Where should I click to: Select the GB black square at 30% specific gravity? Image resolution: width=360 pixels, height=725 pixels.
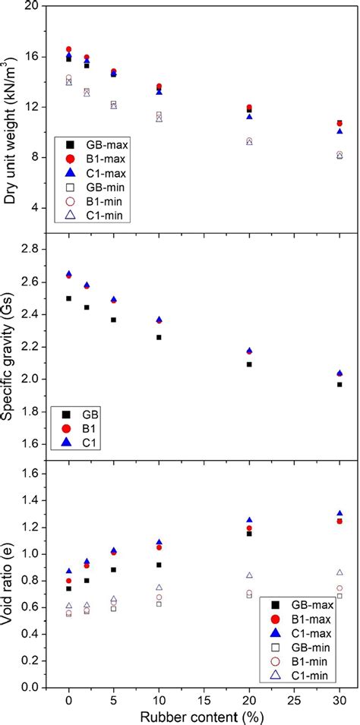click(x=339, y=384)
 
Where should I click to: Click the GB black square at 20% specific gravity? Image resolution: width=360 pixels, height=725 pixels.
click(x=249, y=364)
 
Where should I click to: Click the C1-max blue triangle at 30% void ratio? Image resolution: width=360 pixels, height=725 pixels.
click(x=339, y=513)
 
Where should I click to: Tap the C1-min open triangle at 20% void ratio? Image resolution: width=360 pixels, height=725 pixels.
click(x=249, y=575)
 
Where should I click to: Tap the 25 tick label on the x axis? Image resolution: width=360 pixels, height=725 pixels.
click(x=294, y=699)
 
